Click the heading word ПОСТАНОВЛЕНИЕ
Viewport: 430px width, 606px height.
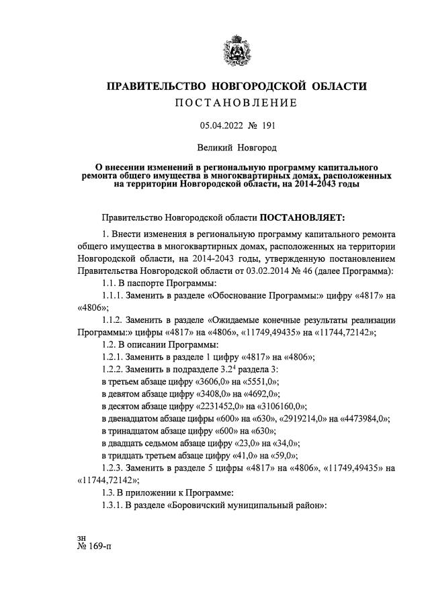click(x=236, y=103)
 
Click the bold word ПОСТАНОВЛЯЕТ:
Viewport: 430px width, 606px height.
click(x=301, y=218)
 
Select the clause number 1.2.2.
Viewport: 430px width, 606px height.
click(x=115, y=369)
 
